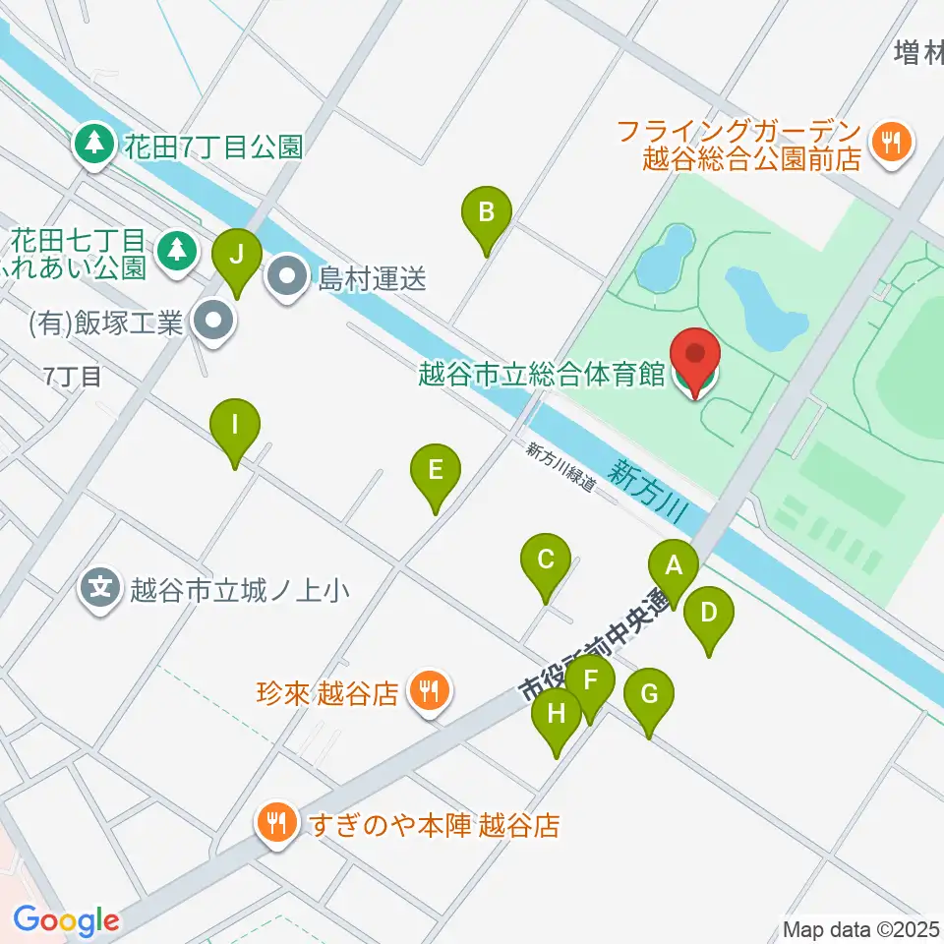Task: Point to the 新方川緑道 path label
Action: [561, 467]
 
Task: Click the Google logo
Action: [66, 921]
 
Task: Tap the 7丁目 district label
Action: [73, 376]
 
